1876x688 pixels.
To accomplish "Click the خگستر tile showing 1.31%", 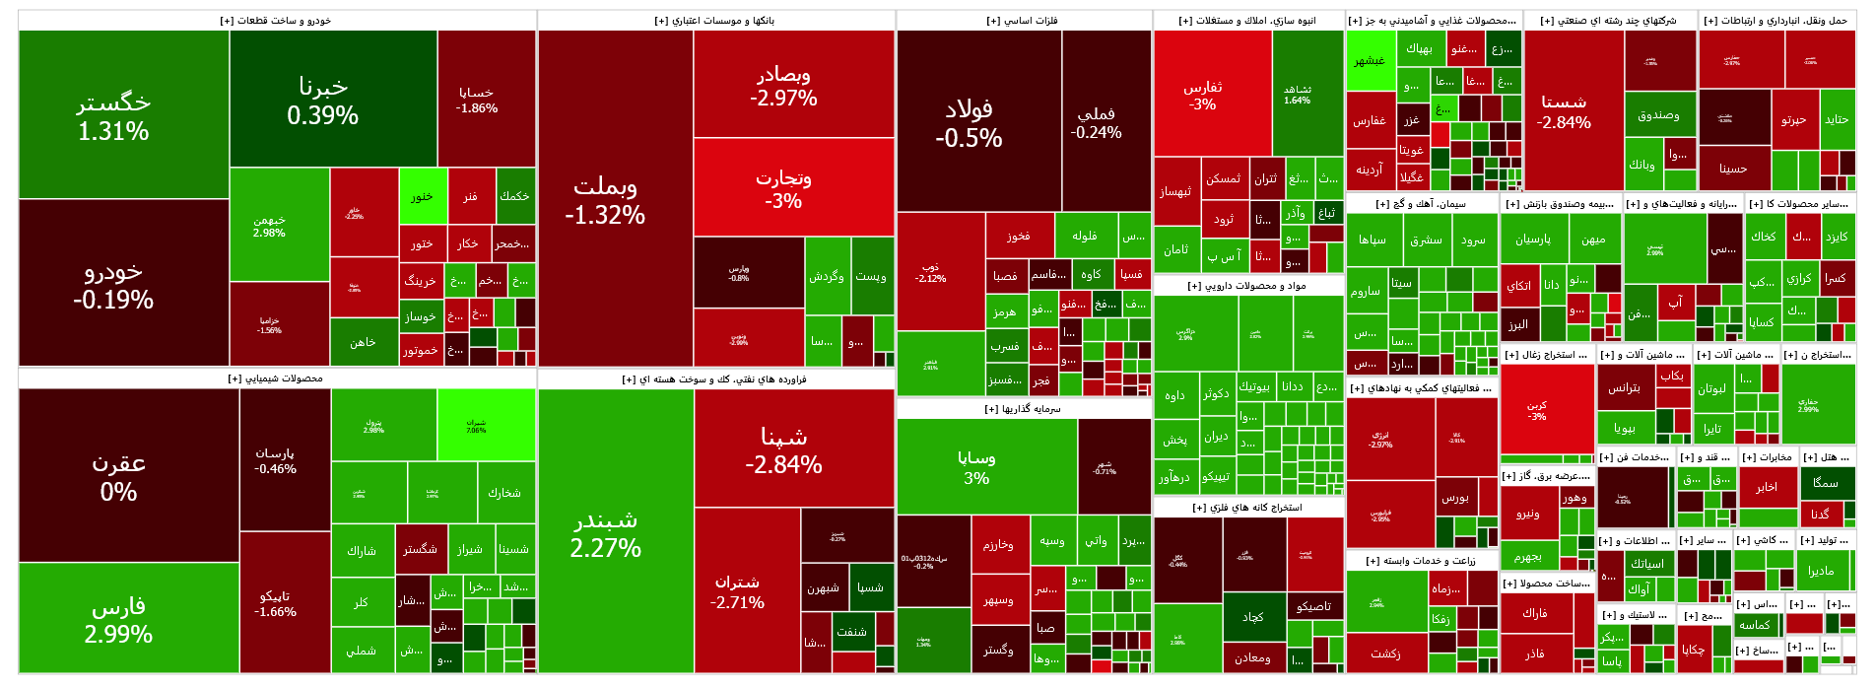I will (113, 115).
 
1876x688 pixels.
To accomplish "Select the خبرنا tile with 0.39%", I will (322, 101).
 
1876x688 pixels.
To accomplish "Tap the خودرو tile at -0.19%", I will (113, 285).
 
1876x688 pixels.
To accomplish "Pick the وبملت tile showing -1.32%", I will (605, 199).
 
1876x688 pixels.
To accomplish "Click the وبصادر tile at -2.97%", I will (783, 85).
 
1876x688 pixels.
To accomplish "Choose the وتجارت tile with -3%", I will (783, 188).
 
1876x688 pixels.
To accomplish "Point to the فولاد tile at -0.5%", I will (969, 122).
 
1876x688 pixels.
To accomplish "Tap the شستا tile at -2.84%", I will (1564, 111).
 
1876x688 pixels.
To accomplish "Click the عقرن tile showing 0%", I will (118, 476).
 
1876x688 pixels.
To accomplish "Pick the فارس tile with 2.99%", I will (118, 619).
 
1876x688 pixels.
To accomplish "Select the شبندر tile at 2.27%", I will (605, 532).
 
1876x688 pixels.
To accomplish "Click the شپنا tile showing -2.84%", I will (783, 449).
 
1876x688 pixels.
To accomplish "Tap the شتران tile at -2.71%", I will (737, 591).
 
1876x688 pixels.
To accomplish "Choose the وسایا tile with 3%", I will (976, 467).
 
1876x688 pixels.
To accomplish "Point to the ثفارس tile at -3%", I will (1202, 95).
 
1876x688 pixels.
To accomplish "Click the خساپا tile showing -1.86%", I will (477, 100).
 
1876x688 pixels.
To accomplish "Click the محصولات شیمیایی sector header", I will (276, 378).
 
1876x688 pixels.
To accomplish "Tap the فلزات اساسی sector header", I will (1023, 21).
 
